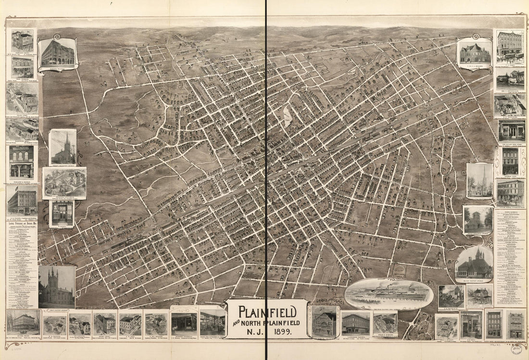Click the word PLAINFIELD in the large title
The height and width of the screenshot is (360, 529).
[x=267, y=311]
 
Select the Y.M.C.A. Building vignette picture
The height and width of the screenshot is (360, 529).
[x=475, y=52]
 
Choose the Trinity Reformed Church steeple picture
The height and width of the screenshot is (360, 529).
[x=63, y=147]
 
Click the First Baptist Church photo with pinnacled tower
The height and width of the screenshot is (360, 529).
[x=57, y=287]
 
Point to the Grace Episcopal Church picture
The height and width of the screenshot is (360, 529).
[x=478, y=220]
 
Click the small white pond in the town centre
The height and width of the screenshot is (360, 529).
[x=287, y=116]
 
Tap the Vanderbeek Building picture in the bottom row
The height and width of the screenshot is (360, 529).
[x=355, y=323]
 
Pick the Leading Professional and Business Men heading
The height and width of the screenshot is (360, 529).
[x=22, y=224]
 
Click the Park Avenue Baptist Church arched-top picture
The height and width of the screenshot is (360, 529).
[x=474, y=264]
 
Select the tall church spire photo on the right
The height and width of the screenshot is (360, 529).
[x=479, y=180]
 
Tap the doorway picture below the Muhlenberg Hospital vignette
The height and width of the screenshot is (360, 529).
[x=63, y=213]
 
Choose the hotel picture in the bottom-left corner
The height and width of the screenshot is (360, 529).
[x=23, y=322]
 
